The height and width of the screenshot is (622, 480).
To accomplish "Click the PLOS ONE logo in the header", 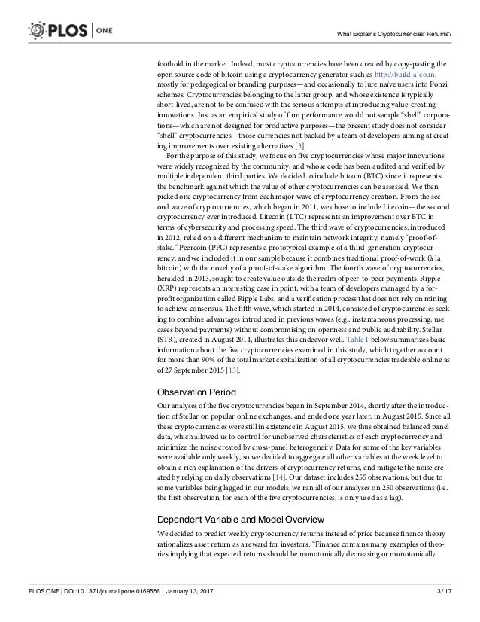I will [x=63, y=29].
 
